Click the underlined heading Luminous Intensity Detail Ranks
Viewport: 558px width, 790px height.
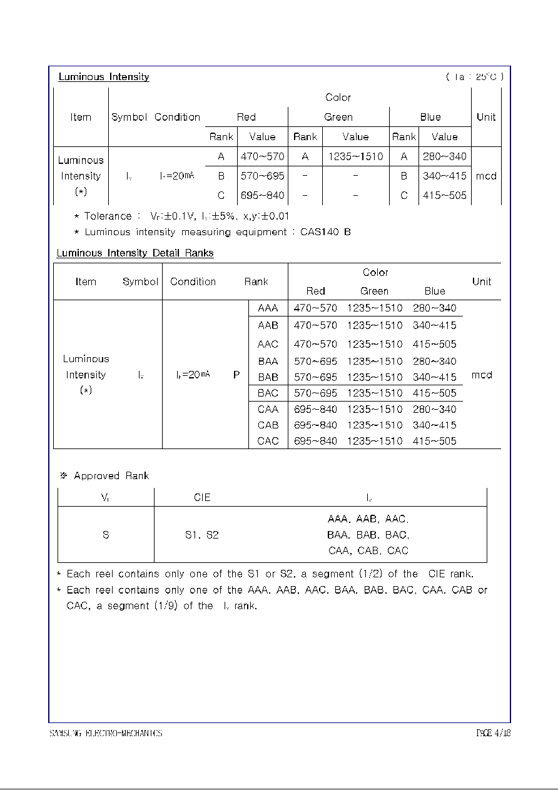click(x=135, y=253)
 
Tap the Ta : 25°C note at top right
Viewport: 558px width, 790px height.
click(x=474, y=77)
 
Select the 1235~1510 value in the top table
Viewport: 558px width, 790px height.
click(x=355, y=156)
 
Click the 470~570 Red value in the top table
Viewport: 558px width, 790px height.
click(x=262, y=156)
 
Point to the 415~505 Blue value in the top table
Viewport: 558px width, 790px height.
click(x=444, y=195)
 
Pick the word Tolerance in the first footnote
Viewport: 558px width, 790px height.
click(x=108, y=216)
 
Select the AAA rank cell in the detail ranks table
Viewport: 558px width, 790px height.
click(x=268, y=308)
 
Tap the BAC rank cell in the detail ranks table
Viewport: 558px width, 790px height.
click(x=268, y=393)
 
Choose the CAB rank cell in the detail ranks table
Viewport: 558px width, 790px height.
click(x=268, y=425)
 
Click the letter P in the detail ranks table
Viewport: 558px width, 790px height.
click(x=236, y=375)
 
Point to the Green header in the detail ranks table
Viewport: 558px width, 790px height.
click(x=374, y=291)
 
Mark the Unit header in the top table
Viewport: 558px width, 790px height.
click(x=485, y=117)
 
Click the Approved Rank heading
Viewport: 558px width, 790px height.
click(x=111, y=476)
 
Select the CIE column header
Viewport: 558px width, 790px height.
click(x=202, y=497)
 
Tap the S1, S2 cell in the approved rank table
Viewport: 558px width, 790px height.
click(x=201, y=535)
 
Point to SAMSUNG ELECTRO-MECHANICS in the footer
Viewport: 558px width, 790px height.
click(x=106, y=733)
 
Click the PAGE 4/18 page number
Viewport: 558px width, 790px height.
click(x=493, y=733)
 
